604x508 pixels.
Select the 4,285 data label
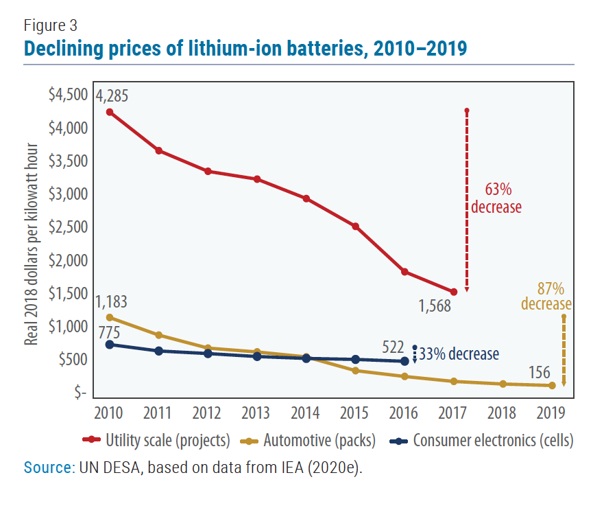(x=108, y=95)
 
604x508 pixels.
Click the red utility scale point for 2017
(x=453, y=292)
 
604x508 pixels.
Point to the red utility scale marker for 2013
(x=257, y=179)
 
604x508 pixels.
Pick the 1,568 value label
(x=435, y=306)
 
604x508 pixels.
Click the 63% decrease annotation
(x=495, y=198)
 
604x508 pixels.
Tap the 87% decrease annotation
(x=546, y=297)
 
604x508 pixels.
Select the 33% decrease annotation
(x=459, y=354)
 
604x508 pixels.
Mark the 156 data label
(x=540, y=372)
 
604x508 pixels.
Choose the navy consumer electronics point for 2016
(x=404, y=361)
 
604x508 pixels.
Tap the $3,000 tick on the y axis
(x=67, y=194)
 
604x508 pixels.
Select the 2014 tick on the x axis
(x=305, y=413)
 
